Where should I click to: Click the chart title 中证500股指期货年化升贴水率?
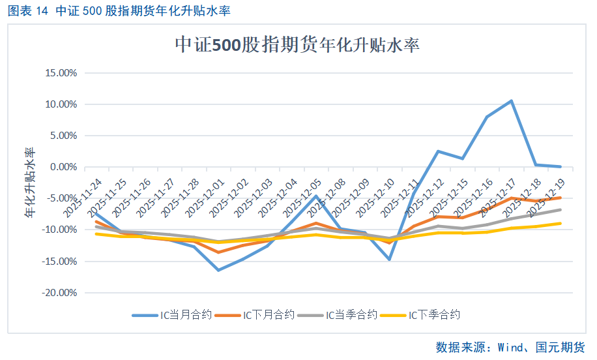pyautogui.click(x=297, y=45)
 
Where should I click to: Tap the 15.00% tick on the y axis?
pyautogui.click(x=59, y=72)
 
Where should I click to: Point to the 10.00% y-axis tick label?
pyautogui.click(x=59, y=104)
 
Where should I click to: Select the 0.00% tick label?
pyautogui.click(x=62, y=167)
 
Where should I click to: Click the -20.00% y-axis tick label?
pyautogui.click(x=58, y=293)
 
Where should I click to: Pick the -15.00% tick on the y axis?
pyautogui.click(x=58, y=262)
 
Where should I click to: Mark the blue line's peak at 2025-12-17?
pyautogui.click(x=511, y=101)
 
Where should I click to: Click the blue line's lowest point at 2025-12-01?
pyautogui.click(x=218, y=270)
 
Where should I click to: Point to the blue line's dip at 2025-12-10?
pyautogui.click(x=389, y=260)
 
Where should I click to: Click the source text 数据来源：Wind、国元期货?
pyautogui.click(x=510, y=347)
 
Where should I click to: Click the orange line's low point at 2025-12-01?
pyautogui.click(x=218, y=252)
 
